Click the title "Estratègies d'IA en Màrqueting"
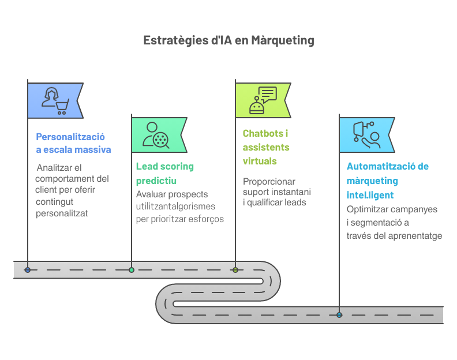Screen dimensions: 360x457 pyautogui.click(x=228, y=40)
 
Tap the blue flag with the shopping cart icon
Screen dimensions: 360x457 pyautogui.click(x=55, y=100)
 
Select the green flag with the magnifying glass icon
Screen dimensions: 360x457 pyautogui.click(x=158, y=135)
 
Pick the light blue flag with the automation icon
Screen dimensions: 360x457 pyautogui.click(x=366, y=135)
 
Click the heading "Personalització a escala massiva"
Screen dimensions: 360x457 pyautogui.click(x=73, y=144)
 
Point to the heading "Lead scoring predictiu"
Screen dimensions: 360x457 pyautogui.click(x=164, y=173)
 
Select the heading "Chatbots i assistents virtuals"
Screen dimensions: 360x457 pyautogui.click(x=266, y=147)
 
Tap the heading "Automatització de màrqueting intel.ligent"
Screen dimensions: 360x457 pyautogui.click(x=387, y=181)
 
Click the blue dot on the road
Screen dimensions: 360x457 pyautogui.click(x=28, y=270)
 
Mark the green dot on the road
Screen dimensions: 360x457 pyautogui.click(x=132, y=270)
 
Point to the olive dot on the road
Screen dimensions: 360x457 pyautogui.click(x=235, y=270)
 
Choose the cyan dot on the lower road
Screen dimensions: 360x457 pyautogui.click(x=339, y=315)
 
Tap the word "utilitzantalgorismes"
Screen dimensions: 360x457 pyautogui.click(x=175, y=207)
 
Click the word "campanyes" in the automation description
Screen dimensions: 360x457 pyautogui.click(x=418, y=209)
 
